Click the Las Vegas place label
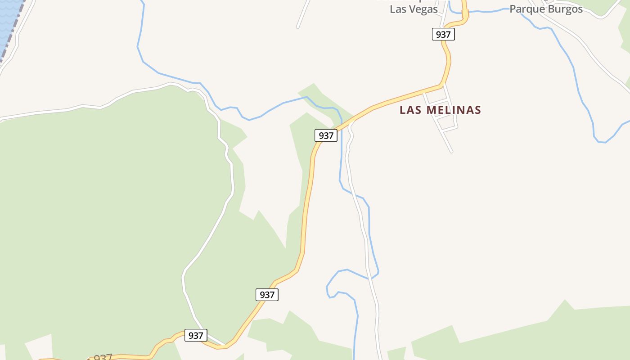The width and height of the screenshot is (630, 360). tap(414, 9)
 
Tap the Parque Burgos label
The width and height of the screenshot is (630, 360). tap(546, 9)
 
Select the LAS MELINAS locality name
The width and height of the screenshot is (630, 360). tap(440, 110)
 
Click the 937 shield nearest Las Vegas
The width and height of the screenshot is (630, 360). tap(443, 34)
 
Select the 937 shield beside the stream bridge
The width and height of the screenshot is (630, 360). tap(326, 135)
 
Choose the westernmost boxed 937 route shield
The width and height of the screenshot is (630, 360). tap(196, 335)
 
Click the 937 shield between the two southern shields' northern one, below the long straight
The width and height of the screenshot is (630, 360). tap(267, 295)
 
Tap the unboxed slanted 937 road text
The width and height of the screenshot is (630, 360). tap(103, 358)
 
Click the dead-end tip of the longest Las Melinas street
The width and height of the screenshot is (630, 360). tap(451, 152)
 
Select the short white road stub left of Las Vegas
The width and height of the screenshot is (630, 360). tap(303, 13)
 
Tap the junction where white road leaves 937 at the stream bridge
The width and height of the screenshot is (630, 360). tap(350, 121)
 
